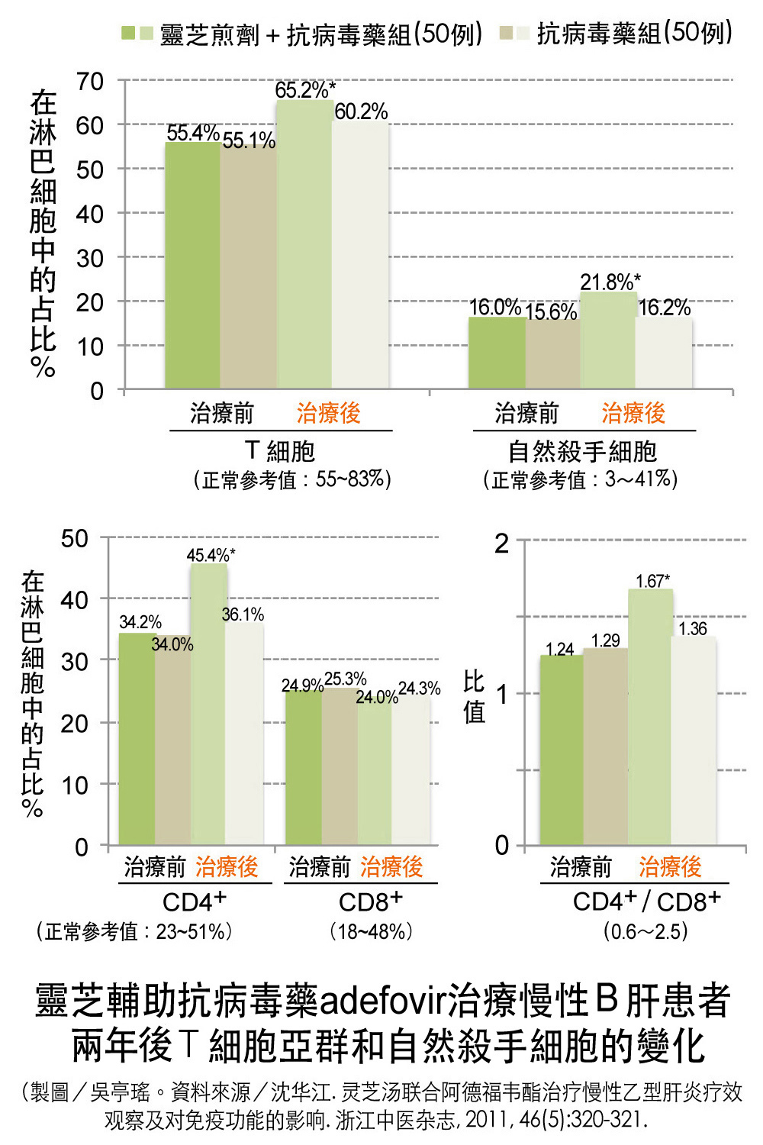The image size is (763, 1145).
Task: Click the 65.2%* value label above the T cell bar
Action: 304,90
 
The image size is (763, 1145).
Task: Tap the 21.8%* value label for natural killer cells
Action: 610,282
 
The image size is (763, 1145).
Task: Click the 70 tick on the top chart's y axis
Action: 90,81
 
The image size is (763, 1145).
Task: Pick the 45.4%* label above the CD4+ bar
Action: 211,555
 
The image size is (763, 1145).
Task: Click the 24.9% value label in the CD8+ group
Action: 302,685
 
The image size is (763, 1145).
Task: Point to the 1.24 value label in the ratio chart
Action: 559,649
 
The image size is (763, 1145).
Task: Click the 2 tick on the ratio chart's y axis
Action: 501,543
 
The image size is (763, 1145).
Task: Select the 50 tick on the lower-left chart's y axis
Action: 75,538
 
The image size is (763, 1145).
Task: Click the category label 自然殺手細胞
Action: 582,452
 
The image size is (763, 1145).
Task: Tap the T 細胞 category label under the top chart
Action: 280,451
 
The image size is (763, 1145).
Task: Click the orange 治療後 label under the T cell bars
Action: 328,413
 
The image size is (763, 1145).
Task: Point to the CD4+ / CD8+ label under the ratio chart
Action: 646,901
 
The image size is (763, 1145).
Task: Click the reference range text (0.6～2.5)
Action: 645,931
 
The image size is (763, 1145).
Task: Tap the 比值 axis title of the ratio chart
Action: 474,696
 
